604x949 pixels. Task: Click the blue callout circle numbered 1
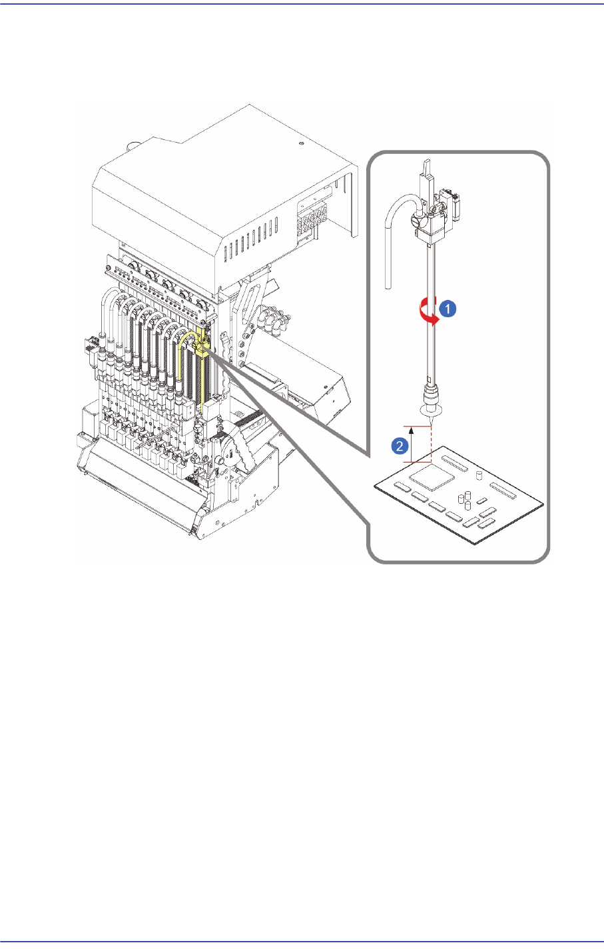(x=449, y=309)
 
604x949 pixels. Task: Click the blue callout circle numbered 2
(x=400, y=447)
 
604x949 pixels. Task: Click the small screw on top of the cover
(x=303, y=143)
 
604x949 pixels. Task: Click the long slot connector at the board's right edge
(x=507, y=490)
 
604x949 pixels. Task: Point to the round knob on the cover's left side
(x=132, y=144)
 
